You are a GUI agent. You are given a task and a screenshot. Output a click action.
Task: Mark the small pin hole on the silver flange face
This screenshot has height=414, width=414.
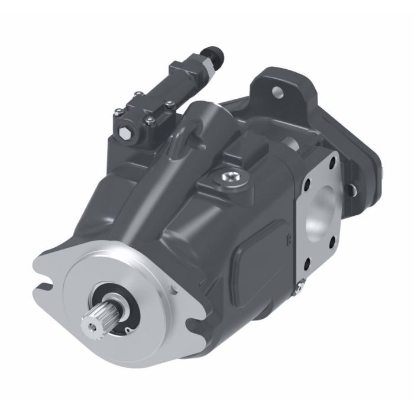point(172,290)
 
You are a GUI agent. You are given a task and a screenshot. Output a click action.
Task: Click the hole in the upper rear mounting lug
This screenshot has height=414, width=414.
point(276,92)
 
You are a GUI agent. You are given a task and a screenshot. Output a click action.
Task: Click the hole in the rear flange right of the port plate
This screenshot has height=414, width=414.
point(352,189)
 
